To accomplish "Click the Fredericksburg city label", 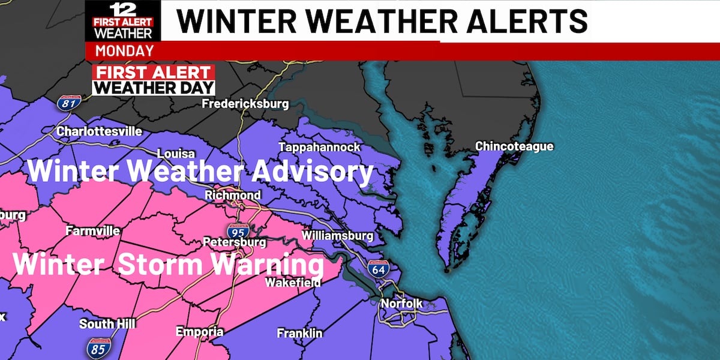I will [245, 104].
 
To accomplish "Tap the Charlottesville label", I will [99, 131].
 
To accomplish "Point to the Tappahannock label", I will [319, 147].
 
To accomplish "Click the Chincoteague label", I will [514, 146].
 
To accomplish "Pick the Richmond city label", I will [233, 195].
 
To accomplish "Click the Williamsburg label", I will [338, 235].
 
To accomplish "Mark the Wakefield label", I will [293, 281].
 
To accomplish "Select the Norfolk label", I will [401, 304].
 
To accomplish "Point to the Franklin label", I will [299, 333].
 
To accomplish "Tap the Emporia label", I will [199, 332].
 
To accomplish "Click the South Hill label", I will [107, 324].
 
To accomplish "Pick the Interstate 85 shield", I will [98, 346].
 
